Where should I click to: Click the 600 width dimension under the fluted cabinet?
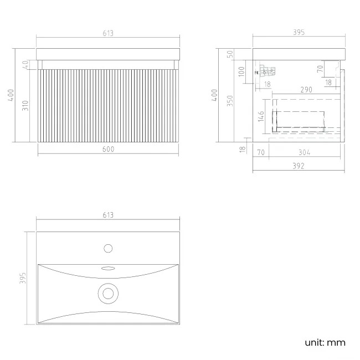click(108, 149)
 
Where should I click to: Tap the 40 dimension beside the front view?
click(25, 65)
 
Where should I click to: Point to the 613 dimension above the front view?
click(108, 33)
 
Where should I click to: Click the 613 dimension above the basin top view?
click(108, 215)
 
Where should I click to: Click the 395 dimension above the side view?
click(298, 33)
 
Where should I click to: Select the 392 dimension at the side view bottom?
click(298, 165)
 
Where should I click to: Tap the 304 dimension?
click(304, 152)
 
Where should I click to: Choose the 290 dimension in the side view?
click(306, 89)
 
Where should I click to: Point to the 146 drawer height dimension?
click(261, 117)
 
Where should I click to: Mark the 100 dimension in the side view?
click(241, 71)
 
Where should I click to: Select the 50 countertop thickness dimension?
click(230, 54)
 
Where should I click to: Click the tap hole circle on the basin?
click(108, 248)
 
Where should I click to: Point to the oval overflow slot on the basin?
click(108, 268)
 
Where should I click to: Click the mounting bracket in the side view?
click(266, 71)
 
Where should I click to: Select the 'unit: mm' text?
click(325, 343)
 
